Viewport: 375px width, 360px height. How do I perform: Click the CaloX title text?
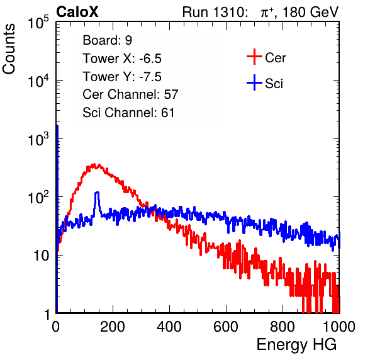click(77, 12)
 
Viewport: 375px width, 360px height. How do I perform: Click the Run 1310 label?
click(215, 12)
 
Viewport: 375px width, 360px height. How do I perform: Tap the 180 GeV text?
click(310, 12)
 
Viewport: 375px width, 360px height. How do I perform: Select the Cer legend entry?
click(266, 57)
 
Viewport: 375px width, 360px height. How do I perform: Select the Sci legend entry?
click(265, 83)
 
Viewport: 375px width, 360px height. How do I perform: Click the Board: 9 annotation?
click(107, 40)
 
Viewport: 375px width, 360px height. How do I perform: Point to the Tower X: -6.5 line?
click(122, 59)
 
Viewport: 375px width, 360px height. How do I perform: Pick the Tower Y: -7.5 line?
click(122, 77)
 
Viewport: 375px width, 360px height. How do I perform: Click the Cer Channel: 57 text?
click(130, 94)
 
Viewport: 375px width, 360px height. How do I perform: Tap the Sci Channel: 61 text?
click(128, 113)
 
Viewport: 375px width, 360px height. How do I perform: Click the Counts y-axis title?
click(9, 49)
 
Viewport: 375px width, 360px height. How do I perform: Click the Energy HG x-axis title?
click(296, 345)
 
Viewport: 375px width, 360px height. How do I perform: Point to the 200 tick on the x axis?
click(113, 327)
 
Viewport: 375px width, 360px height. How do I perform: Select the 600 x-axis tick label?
click(226, 327)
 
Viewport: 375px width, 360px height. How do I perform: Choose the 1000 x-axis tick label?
click(339, 327)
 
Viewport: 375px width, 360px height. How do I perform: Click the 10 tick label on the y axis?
click(41, 256)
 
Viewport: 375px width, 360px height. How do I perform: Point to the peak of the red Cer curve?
click(94, 165)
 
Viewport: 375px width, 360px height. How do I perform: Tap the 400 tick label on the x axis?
click(169, 327)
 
